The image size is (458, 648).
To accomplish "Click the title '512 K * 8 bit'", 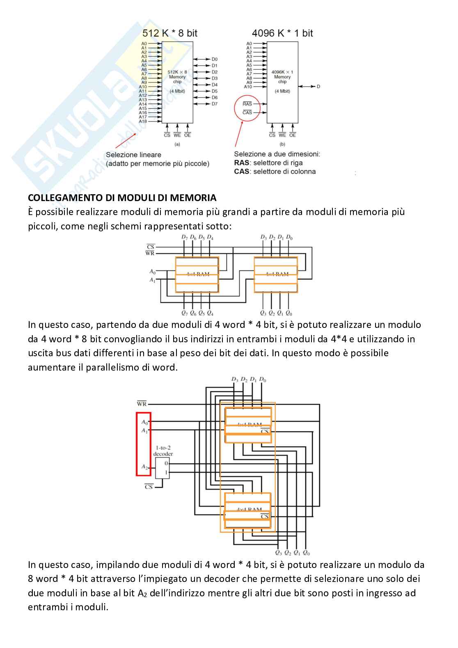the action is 169,33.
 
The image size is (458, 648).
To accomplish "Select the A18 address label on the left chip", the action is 142,121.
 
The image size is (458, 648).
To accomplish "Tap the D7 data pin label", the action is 215,104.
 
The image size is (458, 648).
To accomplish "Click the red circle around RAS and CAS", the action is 247,108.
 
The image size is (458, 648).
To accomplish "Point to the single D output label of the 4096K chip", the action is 318,87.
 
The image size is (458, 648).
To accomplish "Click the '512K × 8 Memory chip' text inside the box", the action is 177,77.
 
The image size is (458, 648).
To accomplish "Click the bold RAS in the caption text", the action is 241,163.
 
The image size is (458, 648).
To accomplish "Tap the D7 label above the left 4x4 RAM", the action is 184,237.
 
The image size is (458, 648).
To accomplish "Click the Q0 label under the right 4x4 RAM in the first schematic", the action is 289,314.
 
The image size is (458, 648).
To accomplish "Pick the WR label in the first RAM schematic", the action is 150,254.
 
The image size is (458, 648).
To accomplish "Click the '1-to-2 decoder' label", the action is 163,451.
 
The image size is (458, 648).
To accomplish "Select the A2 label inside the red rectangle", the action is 144,467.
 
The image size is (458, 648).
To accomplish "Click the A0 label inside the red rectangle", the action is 144,422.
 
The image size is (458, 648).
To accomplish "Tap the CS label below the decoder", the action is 149,487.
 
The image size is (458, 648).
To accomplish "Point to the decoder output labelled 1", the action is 166,473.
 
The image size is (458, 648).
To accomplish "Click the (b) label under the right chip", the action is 282,144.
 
